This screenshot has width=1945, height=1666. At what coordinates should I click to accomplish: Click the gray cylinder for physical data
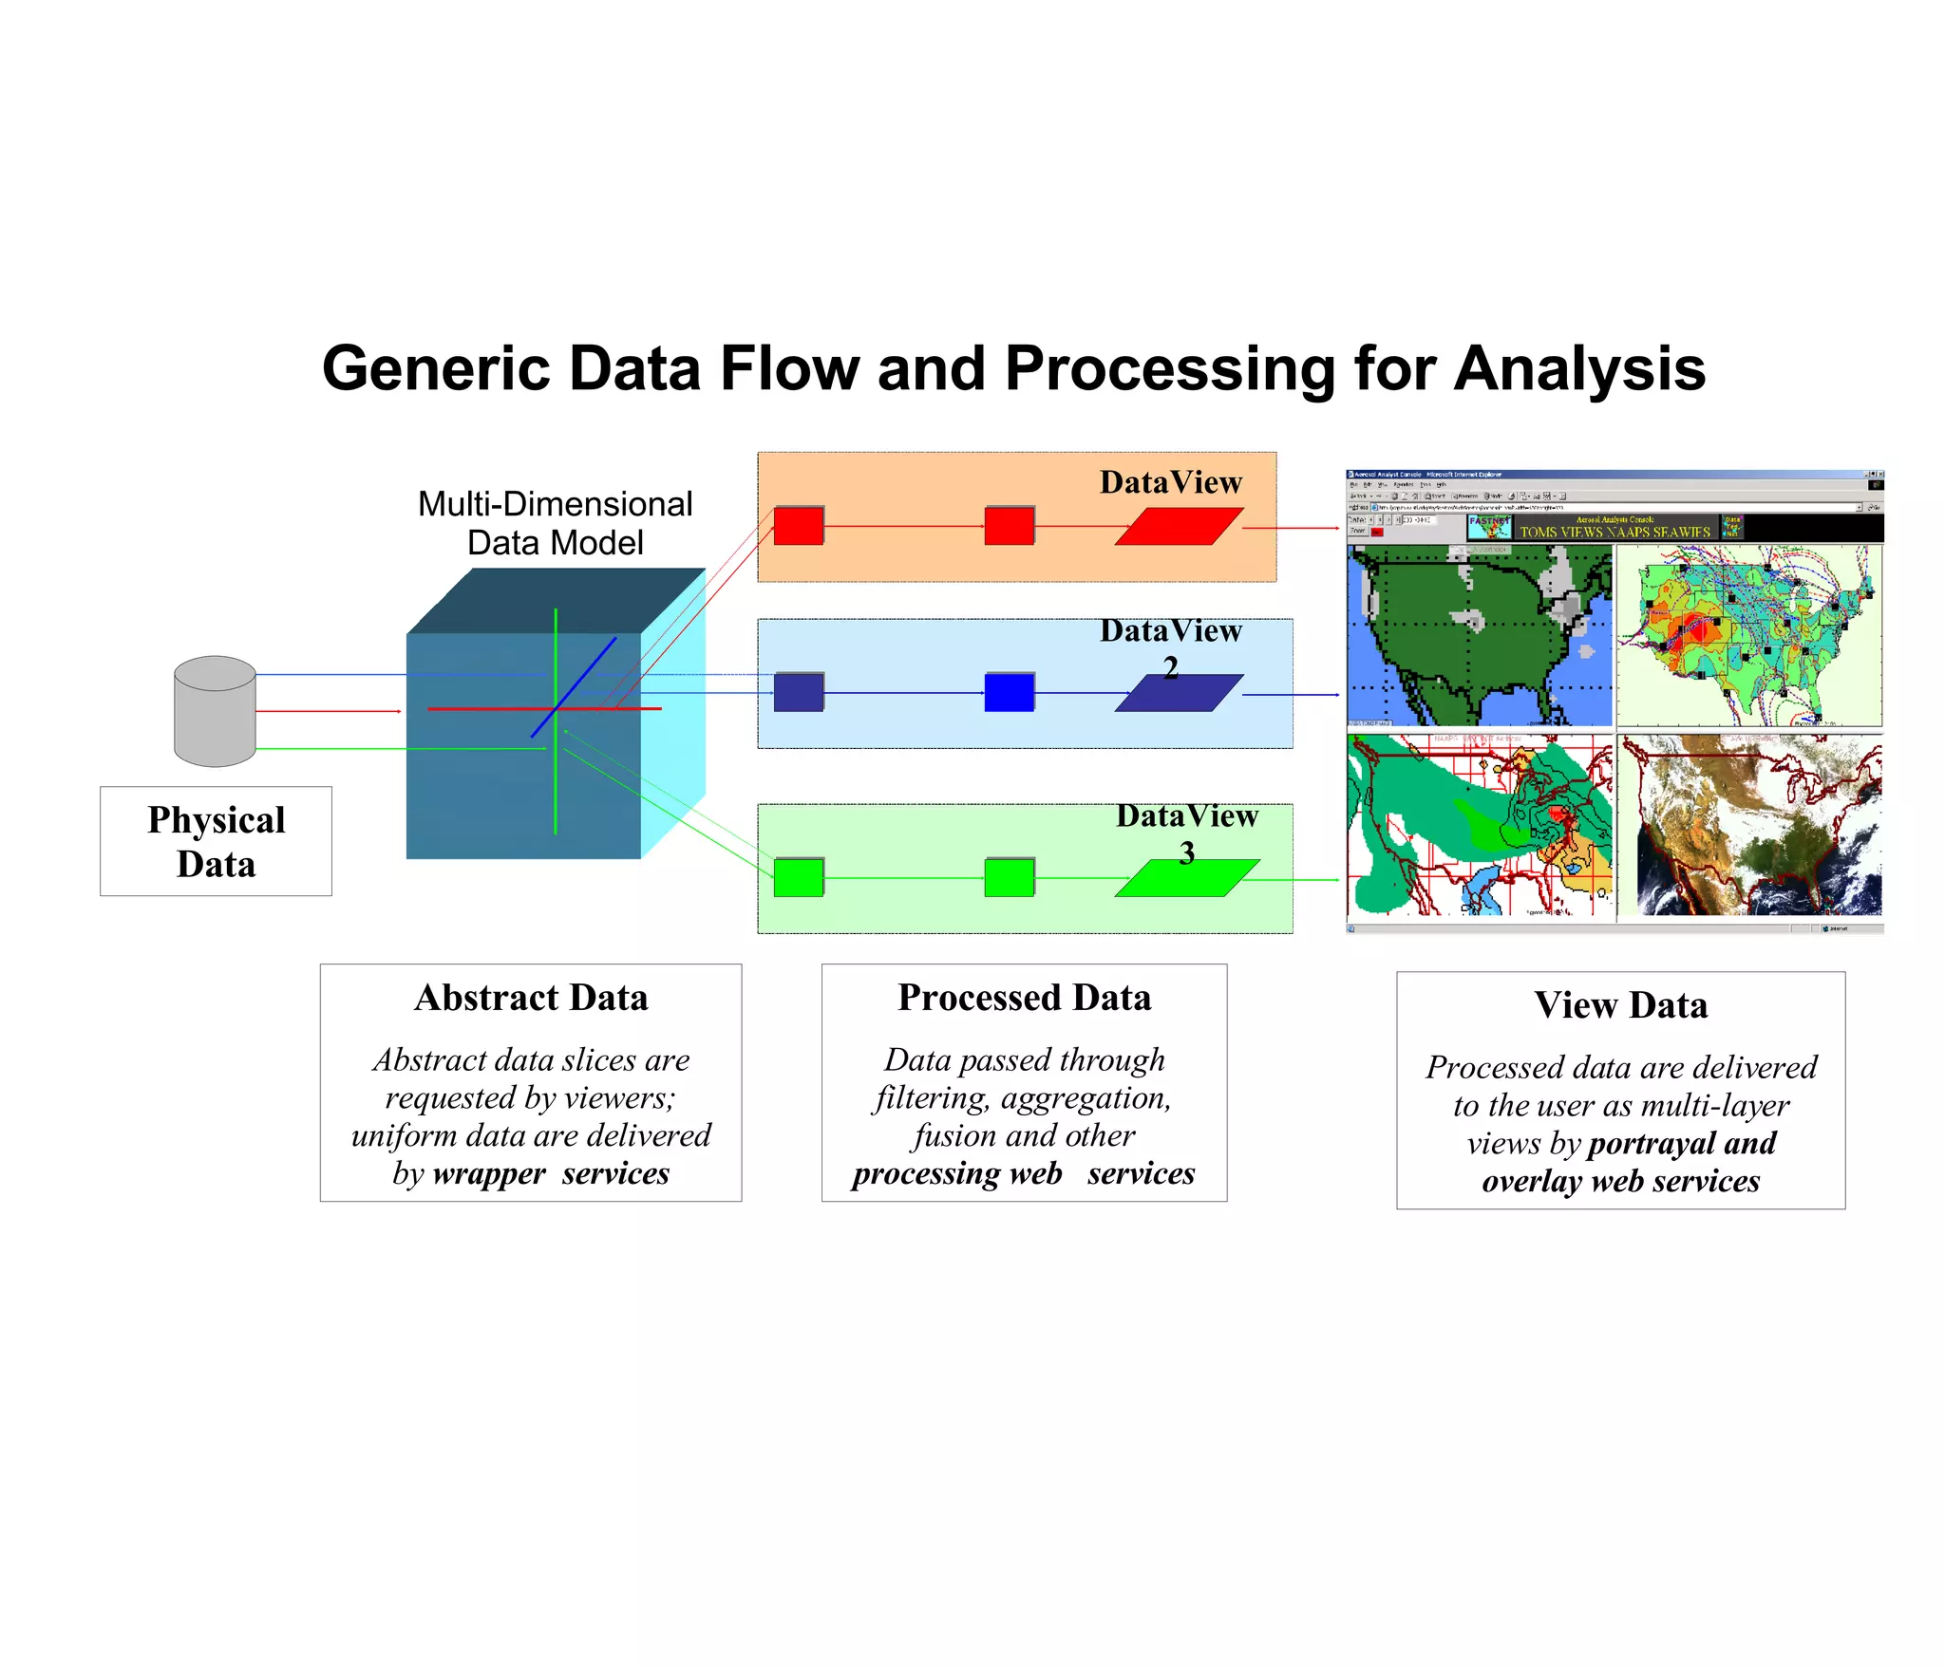point(215,712)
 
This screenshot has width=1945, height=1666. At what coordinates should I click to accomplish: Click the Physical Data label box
point(216,841)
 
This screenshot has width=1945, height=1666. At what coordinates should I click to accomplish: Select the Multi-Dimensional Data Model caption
point(555,523)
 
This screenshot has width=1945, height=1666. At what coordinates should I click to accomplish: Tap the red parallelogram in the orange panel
point(1179,527)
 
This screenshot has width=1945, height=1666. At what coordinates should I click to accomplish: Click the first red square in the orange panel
point(798,526)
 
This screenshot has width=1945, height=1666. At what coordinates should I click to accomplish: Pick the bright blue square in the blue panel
point(1009,693)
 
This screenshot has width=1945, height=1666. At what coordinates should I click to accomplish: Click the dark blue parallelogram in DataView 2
point(1179,693)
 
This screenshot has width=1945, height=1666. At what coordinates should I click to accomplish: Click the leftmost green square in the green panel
point(798,878)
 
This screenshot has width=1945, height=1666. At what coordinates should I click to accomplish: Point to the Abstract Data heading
point(531,998)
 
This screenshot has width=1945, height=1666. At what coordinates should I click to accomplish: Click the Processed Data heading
point(1024,998)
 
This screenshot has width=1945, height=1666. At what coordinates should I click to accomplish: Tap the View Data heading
point(1620,1005)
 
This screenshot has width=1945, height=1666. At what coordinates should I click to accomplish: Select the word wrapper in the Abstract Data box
point(488,1174)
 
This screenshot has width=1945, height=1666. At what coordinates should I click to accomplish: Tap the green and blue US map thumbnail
point(1479,636)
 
